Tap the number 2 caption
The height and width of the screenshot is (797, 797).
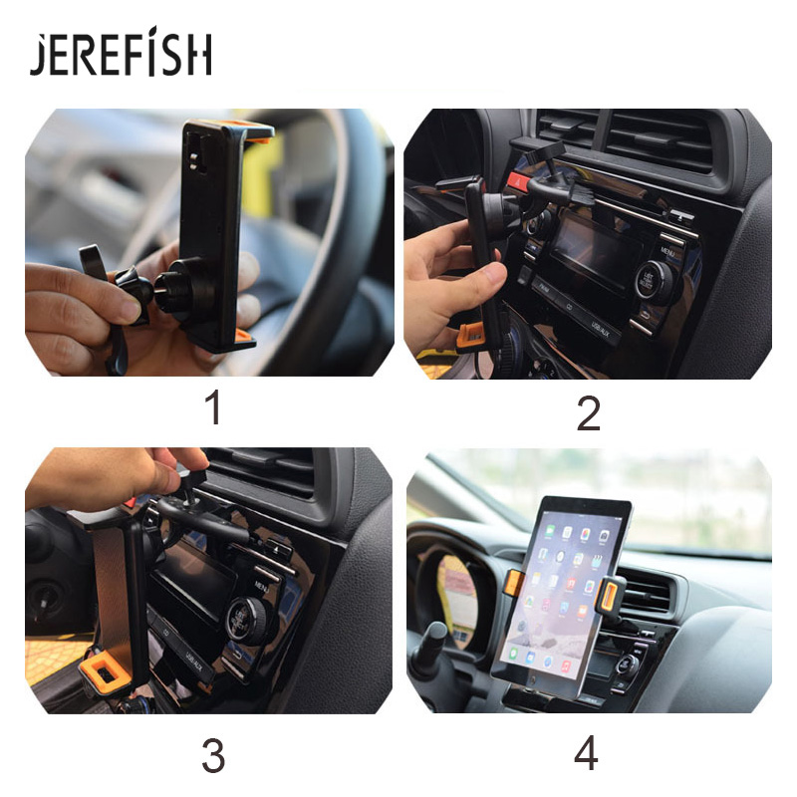click(x=588, y=413)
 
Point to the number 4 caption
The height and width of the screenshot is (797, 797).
click(x=587, y=754)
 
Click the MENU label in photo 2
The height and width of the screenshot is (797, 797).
click(x=667, y=239)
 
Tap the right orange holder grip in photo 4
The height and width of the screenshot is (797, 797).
click(x=608, y=594)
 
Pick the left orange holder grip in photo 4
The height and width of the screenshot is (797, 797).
click(x=512, y=583)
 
